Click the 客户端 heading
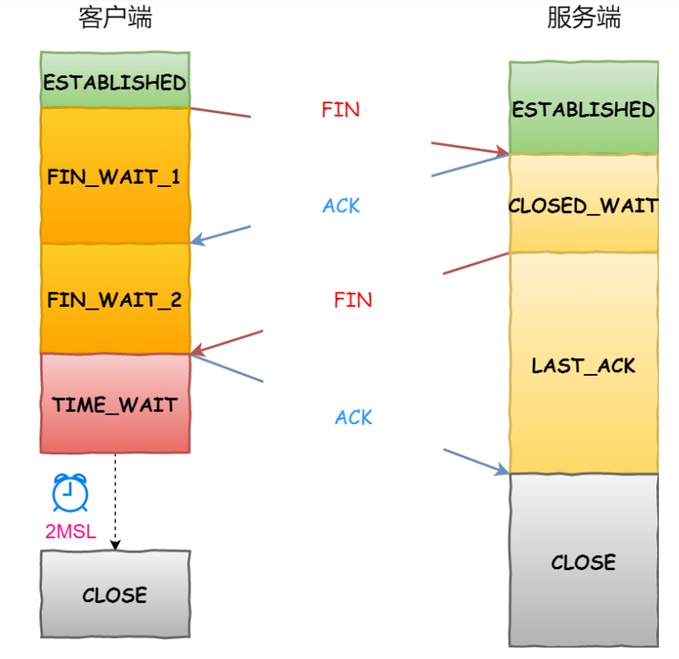click(115, 18)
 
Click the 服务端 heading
click(583, 18)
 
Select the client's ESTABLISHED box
click(115, 80)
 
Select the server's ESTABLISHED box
click(583, 108)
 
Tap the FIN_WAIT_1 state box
click(115, 175)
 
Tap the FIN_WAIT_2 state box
click(115, 298)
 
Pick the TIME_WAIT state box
click(115, 404)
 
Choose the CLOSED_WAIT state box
click(583, 204)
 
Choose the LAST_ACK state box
click(583, 364)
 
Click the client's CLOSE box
click(115, 594)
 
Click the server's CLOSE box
click(583, 561)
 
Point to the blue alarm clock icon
click(71, 492)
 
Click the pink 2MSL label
click(71, 532)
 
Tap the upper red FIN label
click(341, 110)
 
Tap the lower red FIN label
click(353, 300)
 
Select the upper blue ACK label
click(342, 205)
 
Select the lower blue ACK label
click(353, 418)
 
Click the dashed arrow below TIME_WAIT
click(115, 502)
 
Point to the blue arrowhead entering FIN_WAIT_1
click(196, 240)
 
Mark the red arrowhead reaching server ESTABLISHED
click(502, 152)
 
